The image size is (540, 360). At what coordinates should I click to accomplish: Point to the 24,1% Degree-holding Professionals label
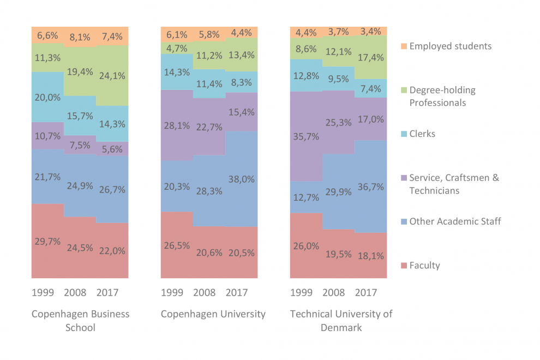tap(112, 76)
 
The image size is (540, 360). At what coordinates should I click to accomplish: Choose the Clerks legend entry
tap(422, 134)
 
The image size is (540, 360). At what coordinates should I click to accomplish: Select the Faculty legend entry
tap(424, 266)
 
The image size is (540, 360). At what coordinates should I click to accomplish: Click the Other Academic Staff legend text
tap(455, 221)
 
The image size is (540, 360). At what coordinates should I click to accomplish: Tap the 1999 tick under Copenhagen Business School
tap(43, 292)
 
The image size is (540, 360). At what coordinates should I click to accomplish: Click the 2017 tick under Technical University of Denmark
tap(365, 292)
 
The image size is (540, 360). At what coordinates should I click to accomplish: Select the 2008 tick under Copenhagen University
tap(204, 292)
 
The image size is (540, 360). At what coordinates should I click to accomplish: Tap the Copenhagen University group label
tap(213, 314)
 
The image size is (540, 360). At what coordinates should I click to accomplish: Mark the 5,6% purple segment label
tap(112, 149)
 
